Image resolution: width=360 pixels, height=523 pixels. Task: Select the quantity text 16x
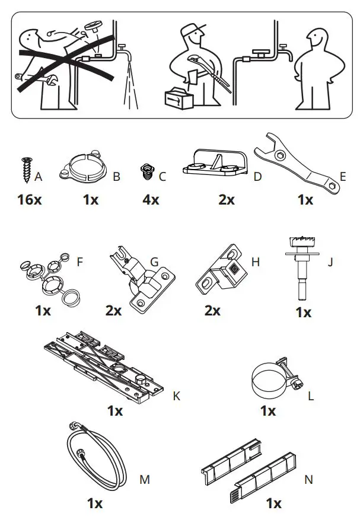coord(29,199)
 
